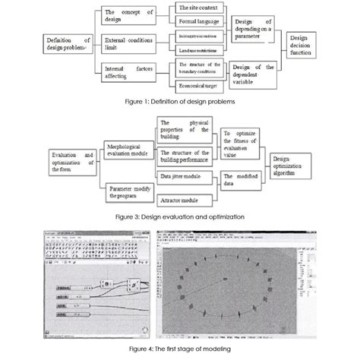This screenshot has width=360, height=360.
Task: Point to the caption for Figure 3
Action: tap(179, 216)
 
